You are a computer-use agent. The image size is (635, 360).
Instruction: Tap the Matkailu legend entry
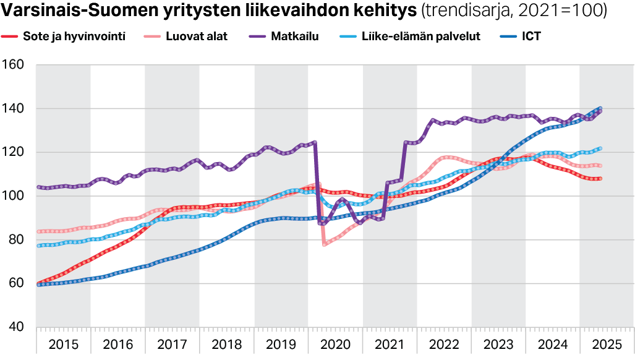coord(294,36)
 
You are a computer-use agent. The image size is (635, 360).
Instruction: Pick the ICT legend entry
coord(531,36)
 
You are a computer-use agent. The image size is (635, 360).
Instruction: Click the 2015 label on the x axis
coord(63,343)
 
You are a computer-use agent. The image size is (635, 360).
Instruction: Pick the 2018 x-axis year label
coord(226,343)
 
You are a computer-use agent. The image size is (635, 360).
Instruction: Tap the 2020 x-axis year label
coord(335,343)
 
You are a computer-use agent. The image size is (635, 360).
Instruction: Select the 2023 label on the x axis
coord(498,343)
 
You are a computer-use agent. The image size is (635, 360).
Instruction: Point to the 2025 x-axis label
coord(607,343)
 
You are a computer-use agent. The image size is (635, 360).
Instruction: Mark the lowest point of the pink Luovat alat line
coord(324,244)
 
